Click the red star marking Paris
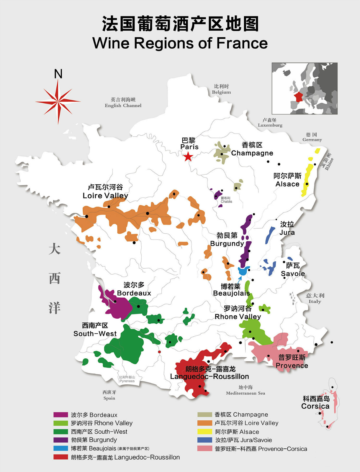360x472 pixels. [x=188, y=157]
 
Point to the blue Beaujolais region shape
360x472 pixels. [x=243, y=271]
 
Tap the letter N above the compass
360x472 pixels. [x=58, y=74]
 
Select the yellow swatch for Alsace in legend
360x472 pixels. [x=205, y=432]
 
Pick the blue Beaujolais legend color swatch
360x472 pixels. [x=61, y=448]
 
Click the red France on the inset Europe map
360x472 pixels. [x=298, y=97]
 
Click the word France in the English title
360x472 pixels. [x=242, y=43]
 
